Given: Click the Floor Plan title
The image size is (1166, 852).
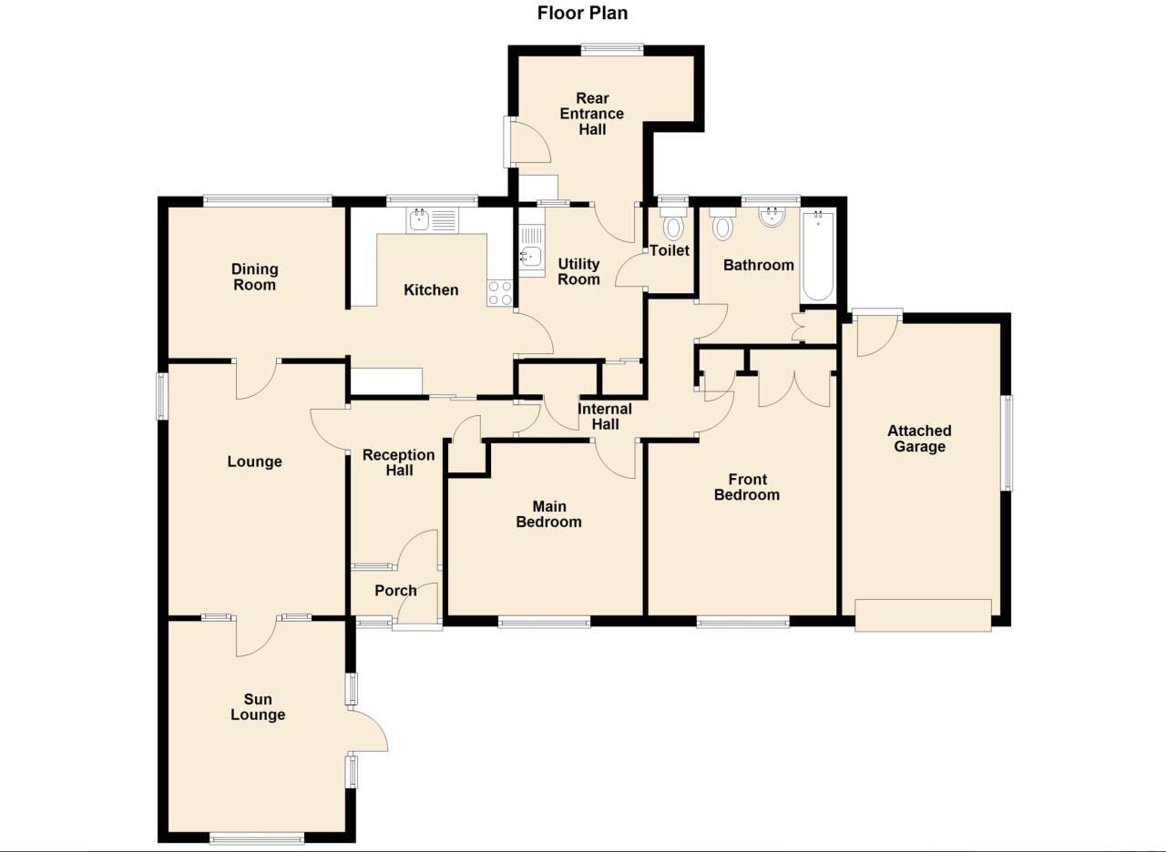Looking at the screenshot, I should click(x=582, y=13).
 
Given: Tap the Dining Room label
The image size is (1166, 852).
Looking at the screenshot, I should click(x=254, y=277).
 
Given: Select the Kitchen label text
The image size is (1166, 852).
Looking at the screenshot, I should click(x=431, y=289).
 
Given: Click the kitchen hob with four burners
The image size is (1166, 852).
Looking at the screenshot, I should click(x=499, y=292).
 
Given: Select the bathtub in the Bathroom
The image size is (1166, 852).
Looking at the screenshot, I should click(x=817, y=256).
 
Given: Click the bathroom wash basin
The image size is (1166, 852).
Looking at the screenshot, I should click(x=772, y=215).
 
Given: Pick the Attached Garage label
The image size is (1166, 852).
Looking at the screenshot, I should click(x=919, y=439).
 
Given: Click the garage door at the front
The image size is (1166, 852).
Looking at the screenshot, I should click(x=923, y=614).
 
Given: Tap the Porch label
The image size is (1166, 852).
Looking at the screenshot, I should click(x=395, y=591).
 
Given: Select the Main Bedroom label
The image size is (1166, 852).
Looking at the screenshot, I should click(x=548, y=514).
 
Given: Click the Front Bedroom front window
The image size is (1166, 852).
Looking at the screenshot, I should click(x=743, y=623).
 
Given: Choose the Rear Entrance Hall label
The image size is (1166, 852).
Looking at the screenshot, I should click(x=592, y=114).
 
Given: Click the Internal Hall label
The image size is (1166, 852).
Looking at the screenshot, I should click(x=605, y=417).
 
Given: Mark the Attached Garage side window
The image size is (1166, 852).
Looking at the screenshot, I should click(x=1007, y=443).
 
